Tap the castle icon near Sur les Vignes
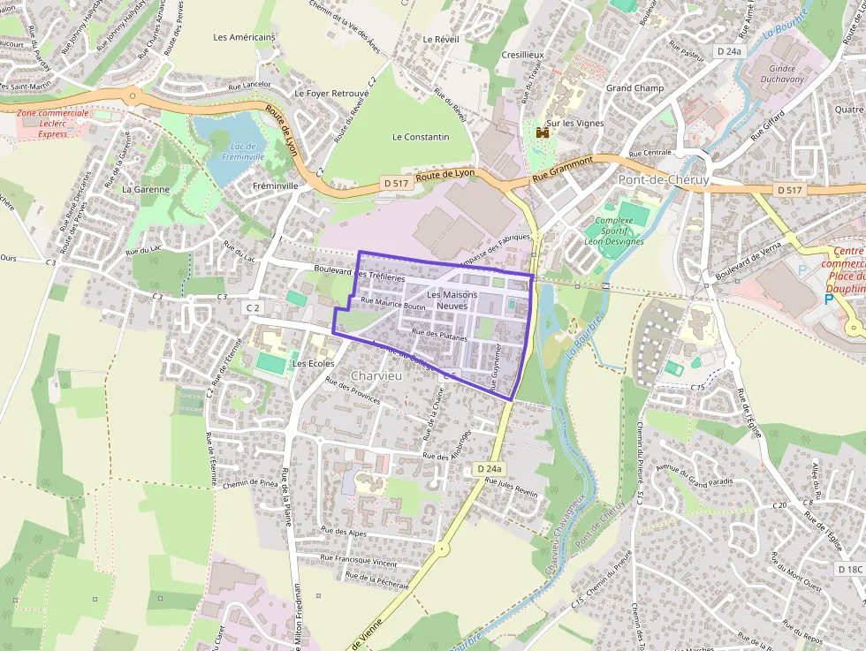click(543, 132)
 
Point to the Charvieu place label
click(376, 376)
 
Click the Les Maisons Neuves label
click(452, 299)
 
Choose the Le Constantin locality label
click(421, 137)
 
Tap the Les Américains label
click(245, 37)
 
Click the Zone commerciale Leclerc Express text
click(53, 124)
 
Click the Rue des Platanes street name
click(439, 334)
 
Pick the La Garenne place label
click(145, 189)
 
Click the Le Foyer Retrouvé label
click(331, 93)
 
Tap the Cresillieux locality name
click(523, 54)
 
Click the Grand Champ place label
click(634, 88)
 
